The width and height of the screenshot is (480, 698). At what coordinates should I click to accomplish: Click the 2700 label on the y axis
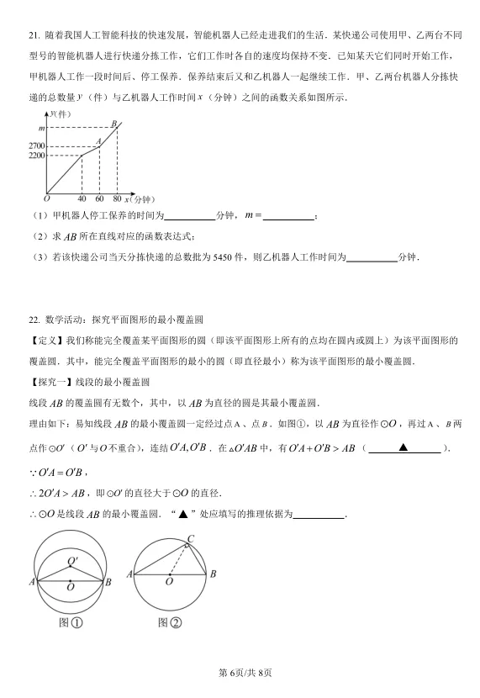(x=34, y=146)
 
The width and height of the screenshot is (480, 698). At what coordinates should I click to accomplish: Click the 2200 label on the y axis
(x=34, y=156)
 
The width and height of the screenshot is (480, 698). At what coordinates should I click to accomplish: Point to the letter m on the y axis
(x=40, y=127)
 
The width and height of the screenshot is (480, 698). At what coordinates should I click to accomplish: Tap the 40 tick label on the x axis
(x=82, y=199)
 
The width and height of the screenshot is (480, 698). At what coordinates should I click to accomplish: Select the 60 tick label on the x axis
(x=99, y=199)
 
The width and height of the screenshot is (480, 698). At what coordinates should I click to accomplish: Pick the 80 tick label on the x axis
(x=116, y=199)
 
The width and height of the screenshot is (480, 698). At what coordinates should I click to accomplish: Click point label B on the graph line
(x=113, y=123)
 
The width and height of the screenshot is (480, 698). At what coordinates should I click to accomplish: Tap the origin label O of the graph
(x=46, y=199)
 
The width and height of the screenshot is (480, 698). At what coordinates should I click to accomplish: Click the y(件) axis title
(x=60, y=114)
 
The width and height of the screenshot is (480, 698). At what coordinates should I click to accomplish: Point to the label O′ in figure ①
(x=72, y=561)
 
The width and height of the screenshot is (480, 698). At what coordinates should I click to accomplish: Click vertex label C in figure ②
(x=190, y=539)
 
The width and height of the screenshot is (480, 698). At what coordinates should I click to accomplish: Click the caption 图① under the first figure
(x=70, y=623)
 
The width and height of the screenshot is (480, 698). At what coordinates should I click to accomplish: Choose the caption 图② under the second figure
(x=169, y=623)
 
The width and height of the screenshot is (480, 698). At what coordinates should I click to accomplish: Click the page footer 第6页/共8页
(x=240, y=672)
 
